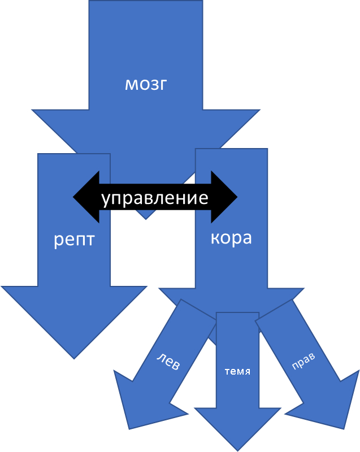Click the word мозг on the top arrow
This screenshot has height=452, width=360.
(x=146, y=84)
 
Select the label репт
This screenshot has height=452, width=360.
(x=74, y=240)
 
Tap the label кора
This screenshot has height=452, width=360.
(x=231, y=237)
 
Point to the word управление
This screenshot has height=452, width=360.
(x=155, y=198)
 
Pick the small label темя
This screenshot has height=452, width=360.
(x=237, y=372)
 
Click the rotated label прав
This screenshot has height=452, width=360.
(x=303, y=362)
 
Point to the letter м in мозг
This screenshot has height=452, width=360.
(x=131, y=84)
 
